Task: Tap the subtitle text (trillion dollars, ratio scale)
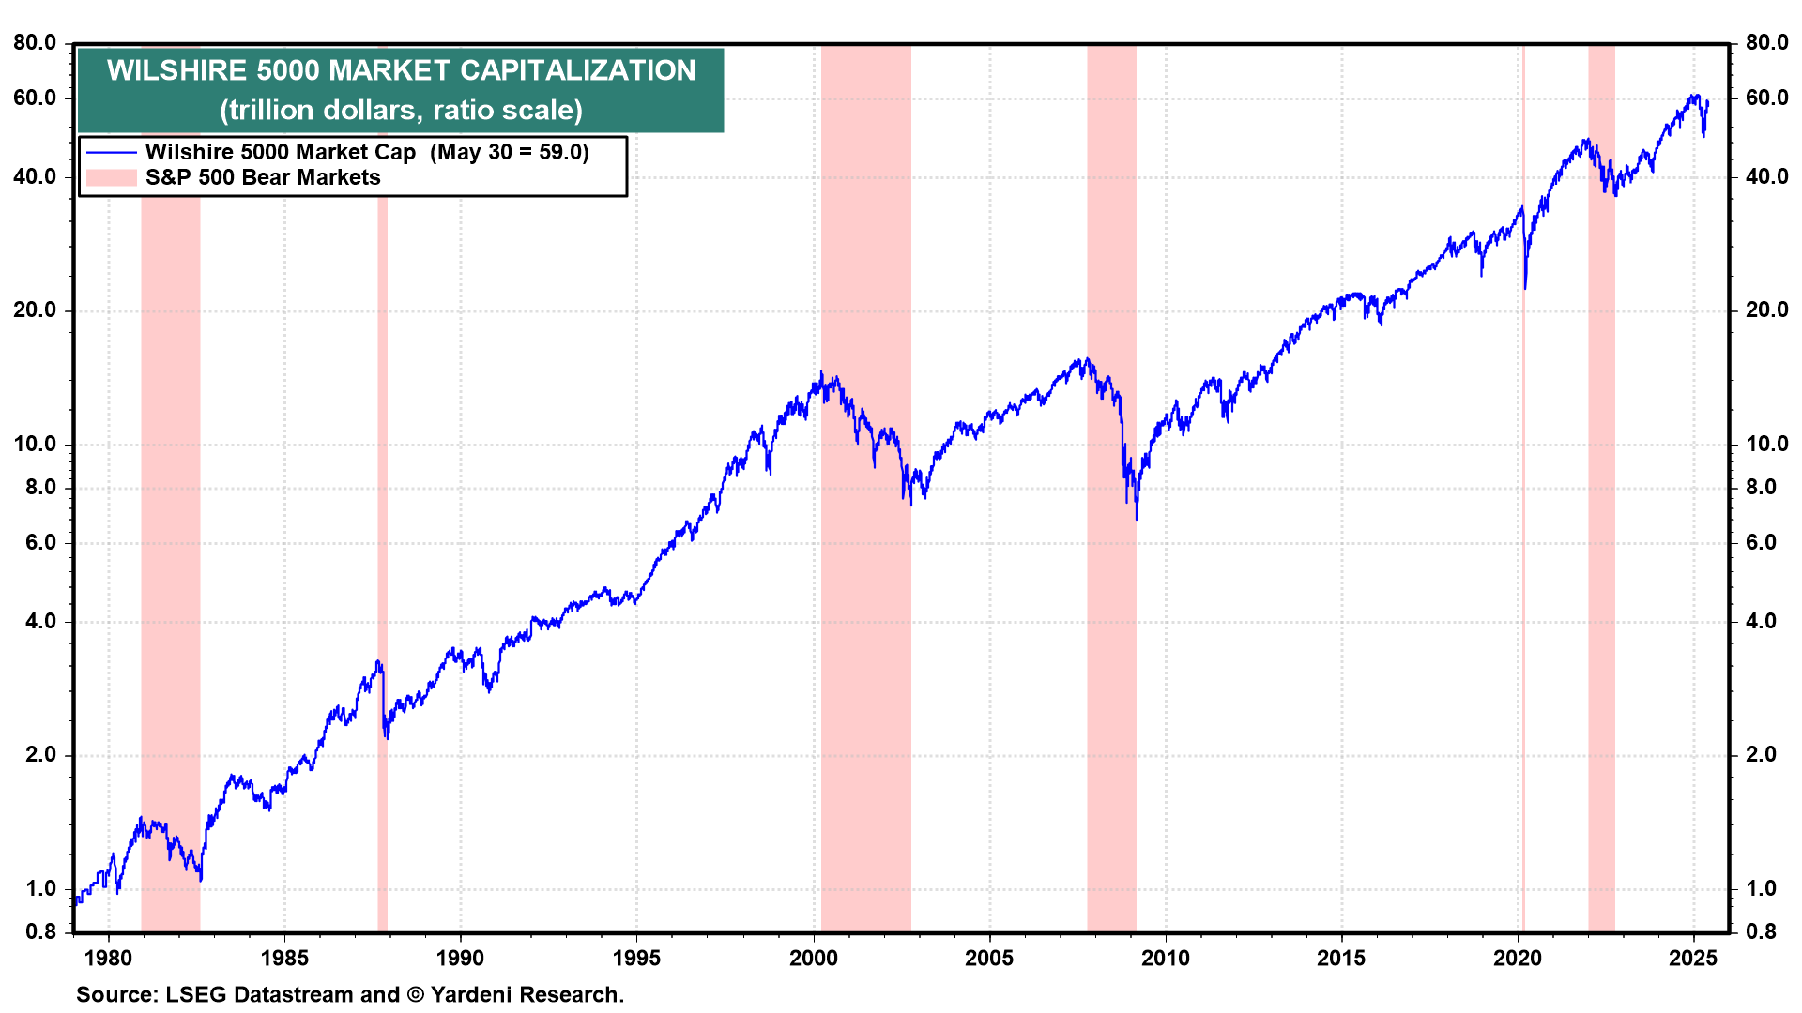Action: (401, 110)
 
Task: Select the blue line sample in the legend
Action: (111, 152)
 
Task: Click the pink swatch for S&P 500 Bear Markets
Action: (111, 177)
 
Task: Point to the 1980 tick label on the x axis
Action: (108, 958)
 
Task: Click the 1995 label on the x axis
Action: (636, 958)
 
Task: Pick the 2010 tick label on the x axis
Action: (1165, 958)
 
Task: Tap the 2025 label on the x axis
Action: (1693, 958)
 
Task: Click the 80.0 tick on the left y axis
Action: (35, 42)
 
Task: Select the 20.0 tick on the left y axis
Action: (35, 310)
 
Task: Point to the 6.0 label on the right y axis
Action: (1761, 542)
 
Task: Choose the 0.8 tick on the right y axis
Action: (1761, 931)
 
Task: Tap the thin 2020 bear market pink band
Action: (1522, 563)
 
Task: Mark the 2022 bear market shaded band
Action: (1601, 563)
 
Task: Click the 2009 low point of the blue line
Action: (1137, 518)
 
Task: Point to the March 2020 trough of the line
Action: (1525, 288)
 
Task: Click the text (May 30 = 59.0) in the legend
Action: (510, 152)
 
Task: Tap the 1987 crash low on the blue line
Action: (387, 738)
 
